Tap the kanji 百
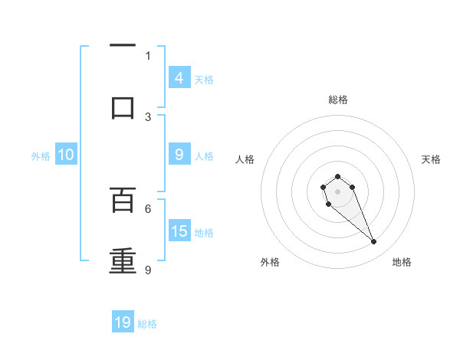point(123,200)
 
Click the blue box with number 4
point(179,77)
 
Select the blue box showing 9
point(179,154)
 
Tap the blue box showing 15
point(179,231)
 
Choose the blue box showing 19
point(123,322)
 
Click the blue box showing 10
point(66,155)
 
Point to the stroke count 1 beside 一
point(148,55)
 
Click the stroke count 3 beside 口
point(148,116)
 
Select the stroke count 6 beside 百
point(148,208)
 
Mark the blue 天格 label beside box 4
point(204,79)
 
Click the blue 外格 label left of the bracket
point(41,156)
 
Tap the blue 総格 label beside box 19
point(147,324)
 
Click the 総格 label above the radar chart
point(337,100)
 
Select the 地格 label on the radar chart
point(402,262)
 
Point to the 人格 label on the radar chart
point(245,159)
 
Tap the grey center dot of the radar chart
point(337,191)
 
